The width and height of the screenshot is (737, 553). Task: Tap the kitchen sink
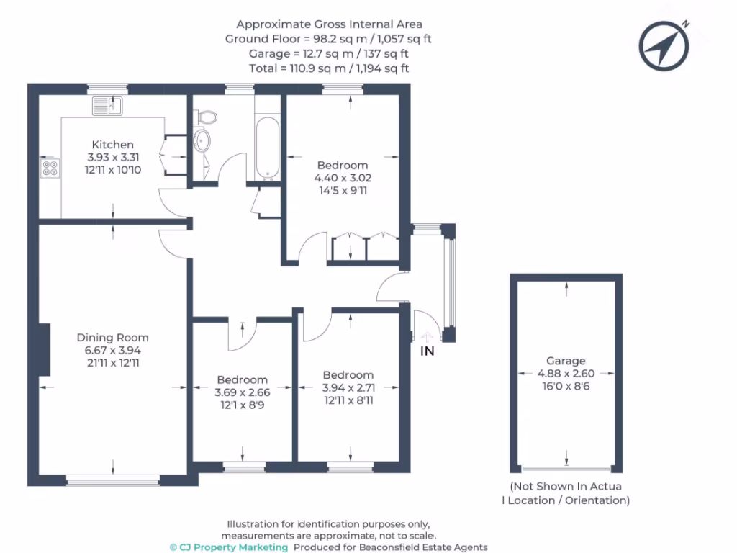click(x=108, y=106)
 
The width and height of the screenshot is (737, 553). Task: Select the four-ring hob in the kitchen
click(x=50, y=168)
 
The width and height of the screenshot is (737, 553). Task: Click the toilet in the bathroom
click(x=207, y=116)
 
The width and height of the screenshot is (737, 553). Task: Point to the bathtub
click(x=266, y=147)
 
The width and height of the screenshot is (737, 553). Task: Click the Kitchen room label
click(x=112, y=145)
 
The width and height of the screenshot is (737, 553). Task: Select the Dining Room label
click(x=112, y=337)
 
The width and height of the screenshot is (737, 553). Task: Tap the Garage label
click(x=565, y=361)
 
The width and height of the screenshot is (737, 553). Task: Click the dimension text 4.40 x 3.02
click(x=343, y=177)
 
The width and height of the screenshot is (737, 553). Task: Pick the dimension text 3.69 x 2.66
click(x=243, y=392)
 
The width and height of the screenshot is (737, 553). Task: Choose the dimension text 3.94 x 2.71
click(x=348, y=387)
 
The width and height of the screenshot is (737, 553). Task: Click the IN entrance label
click(x=428, y=351)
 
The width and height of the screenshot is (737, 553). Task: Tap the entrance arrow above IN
click(x=428, y=335)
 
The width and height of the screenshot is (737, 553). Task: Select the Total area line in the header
click(x=328, y=68)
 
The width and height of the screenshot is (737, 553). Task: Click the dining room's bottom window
click(x=112, y=479)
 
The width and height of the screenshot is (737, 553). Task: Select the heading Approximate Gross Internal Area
click(x=328, y=24)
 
